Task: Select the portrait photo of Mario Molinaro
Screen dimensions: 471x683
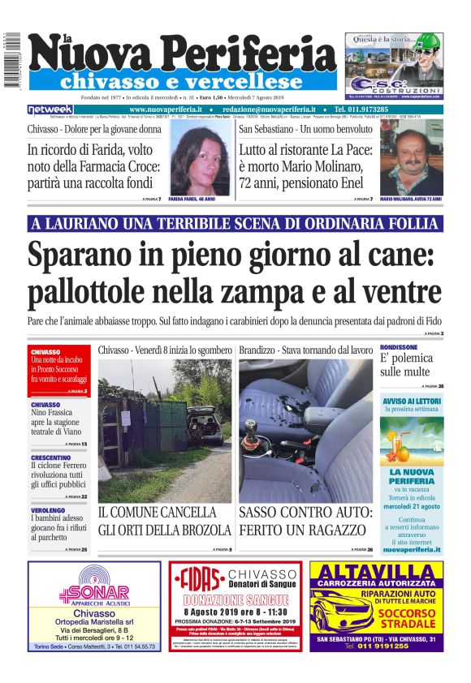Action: click(x=411, y=158)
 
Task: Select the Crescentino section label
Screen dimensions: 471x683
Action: click(x=50, y=457)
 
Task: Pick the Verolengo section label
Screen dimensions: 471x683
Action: click(x=47, y=510)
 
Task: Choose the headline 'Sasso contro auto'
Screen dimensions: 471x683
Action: click(x=305, y=521)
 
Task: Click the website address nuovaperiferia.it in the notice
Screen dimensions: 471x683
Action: click(x=412, y=548)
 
